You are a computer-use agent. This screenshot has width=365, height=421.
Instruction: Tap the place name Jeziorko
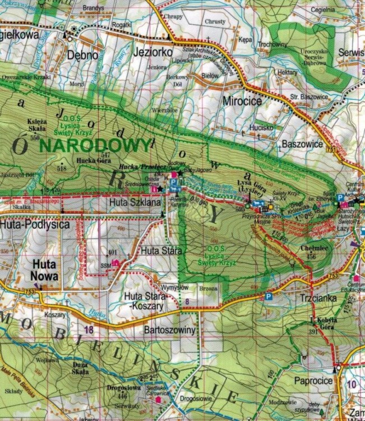(x=153, y=52)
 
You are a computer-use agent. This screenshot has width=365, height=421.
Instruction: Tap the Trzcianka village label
(x=318, y=298)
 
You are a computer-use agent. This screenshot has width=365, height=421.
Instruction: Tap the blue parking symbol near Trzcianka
(x=269, y=296)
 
